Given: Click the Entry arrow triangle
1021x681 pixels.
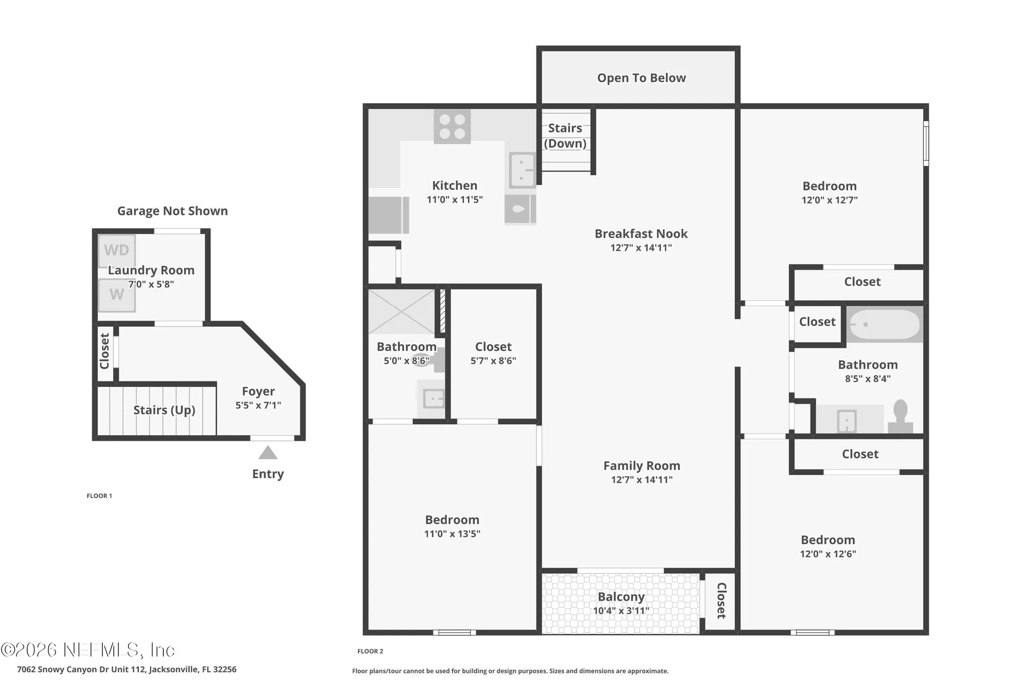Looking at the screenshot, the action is click(268, 453).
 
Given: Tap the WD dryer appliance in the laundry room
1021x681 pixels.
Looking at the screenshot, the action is click(117, 251).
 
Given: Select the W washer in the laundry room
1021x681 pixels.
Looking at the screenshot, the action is click(117, 295).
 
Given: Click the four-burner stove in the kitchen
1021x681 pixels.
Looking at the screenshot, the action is click(453, 127).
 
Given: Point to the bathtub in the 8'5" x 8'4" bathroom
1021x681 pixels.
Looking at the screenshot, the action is click(885, 325).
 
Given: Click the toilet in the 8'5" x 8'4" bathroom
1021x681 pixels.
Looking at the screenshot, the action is click(900, 416).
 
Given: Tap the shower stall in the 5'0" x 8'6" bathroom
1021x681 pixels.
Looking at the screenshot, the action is click(402, 312).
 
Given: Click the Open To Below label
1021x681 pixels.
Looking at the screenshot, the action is click(641, 78).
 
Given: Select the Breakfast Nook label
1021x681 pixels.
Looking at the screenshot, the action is click(641, 234).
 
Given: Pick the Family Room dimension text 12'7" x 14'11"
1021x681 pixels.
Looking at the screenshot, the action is click(642, 479).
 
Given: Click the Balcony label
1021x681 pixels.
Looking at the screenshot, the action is click(621, 597).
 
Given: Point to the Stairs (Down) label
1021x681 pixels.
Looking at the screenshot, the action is click(565, 136).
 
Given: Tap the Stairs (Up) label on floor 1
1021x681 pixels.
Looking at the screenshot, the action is click(164, 410).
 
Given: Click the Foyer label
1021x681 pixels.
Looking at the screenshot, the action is click(258, 392).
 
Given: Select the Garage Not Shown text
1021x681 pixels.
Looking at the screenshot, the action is click(172, 211).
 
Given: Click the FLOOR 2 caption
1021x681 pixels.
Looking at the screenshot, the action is click(370, 651).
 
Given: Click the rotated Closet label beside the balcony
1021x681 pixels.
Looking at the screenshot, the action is click(722, 601).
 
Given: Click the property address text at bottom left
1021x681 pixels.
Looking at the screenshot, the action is click(127, 669).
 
